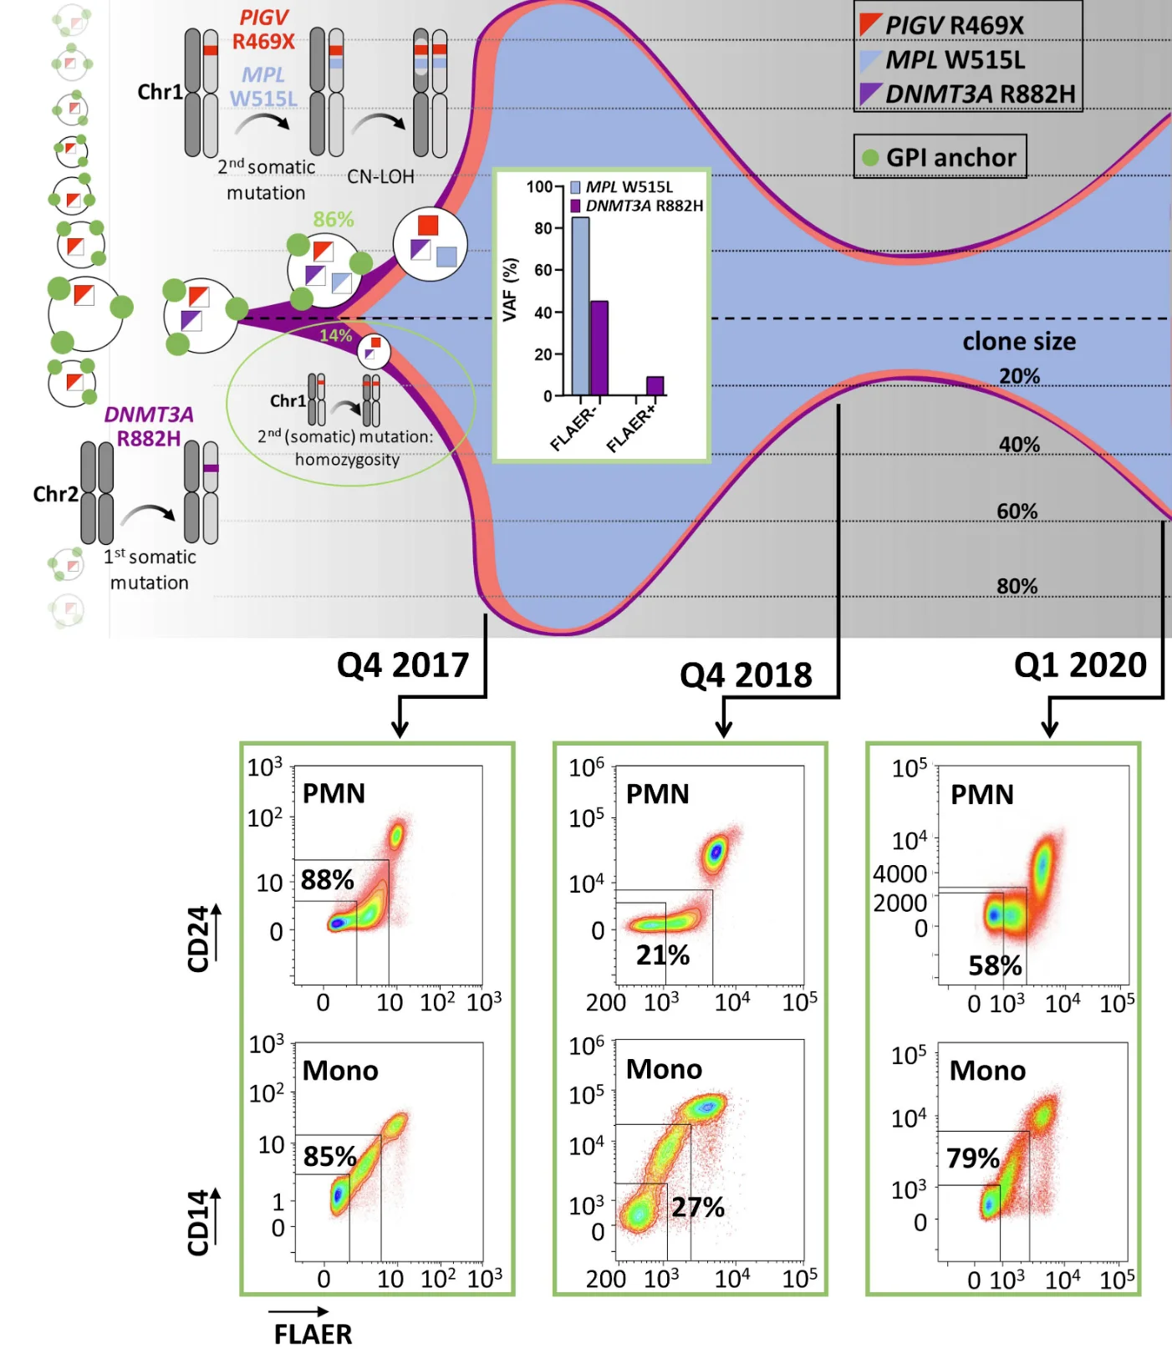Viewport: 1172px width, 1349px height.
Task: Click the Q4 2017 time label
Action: pyautogui.click(x=403, y=665)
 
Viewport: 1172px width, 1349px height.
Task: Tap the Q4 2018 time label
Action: pyautogui.click(x=746, y=675)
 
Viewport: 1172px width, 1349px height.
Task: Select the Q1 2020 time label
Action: pyautogui.click(x=1080, y=665)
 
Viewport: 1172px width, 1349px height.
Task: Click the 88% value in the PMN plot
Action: pyautogui.click(x=327, y=880)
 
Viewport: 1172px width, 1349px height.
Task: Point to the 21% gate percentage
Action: pyautogui.click(x=662, y=954)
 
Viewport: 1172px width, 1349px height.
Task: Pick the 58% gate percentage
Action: pyautogui.click(x=995, y=966)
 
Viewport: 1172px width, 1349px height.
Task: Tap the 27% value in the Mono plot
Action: pyautogui.click(x=698, y=1207)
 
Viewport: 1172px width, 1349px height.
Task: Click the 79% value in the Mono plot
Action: pyautogui.click(x=972, y=1158)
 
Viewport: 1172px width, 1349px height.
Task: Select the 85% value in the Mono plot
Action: pyautogui.click(x=329, y=1157)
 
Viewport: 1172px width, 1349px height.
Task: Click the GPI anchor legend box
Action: pyautogui.click(x=940, y=157)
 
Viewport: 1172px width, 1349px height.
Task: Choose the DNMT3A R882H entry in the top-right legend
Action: pyautogui.click(x=968, y=94)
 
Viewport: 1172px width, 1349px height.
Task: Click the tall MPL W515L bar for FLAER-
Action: pyautogui.click(x=580, y=306)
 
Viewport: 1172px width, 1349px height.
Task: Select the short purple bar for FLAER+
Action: pyautogui.click(x=655, y=385)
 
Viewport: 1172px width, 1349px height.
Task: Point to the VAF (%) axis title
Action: pyautogui.click(x=510, y=289)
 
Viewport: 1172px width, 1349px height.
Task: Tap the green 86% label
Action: pyautogui.click(x=334, y=220)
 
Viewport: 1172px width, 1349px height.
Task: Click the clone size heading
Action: pyautogui.click(x=1019, y=342)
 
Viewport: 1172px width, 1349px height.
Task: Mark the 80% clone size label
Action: pyautogui.click(x=1017, y=587)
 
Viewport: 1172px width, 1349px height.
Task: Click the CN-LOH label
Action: pyautogui.click(x=380, y=177)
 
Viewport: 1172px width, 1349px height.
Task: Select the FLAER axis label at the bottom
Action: pyautogui.click(x=313, y=1333)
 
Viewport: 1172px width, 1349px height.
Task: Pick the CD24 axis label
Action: pyautogui.click(x=198, y=939)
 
